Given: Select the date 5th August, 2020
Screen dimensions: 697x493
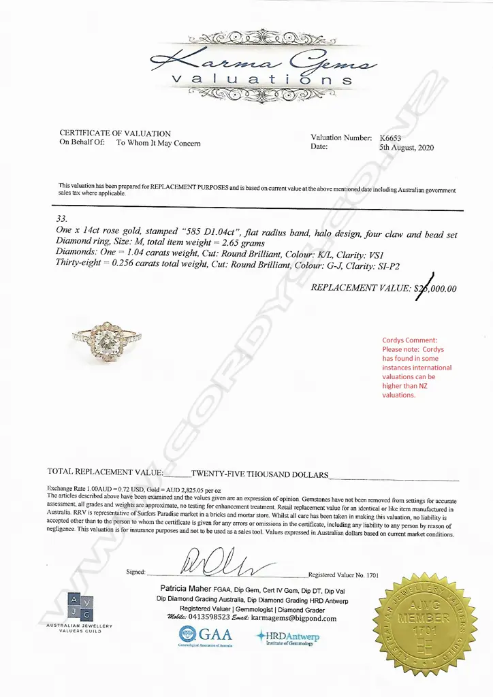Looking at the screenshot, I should [406, 147].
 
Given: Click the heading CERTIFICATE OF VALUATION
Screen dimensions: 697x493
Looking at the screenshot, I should [115, 133].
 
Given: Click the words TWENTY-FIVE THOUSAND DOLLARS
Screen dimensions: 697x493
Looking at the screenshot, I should [259, 474].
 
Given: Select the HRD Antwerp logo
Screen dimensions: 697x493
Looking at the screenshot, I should [287, 637].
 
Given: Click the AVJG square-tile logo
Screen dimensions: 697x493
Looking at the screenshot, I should [79, 608].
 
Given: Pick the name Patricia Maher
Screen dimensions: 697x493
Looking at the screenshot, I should [187, 588].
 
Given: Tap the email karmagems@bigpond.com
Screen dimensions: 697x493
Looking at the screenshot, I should [293, 618].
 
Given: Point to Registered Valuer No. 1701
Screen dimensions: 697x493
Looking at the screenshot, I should [343, 575].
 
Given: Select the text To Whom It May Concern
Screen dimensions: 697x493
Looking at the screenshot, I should [158, 143].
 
